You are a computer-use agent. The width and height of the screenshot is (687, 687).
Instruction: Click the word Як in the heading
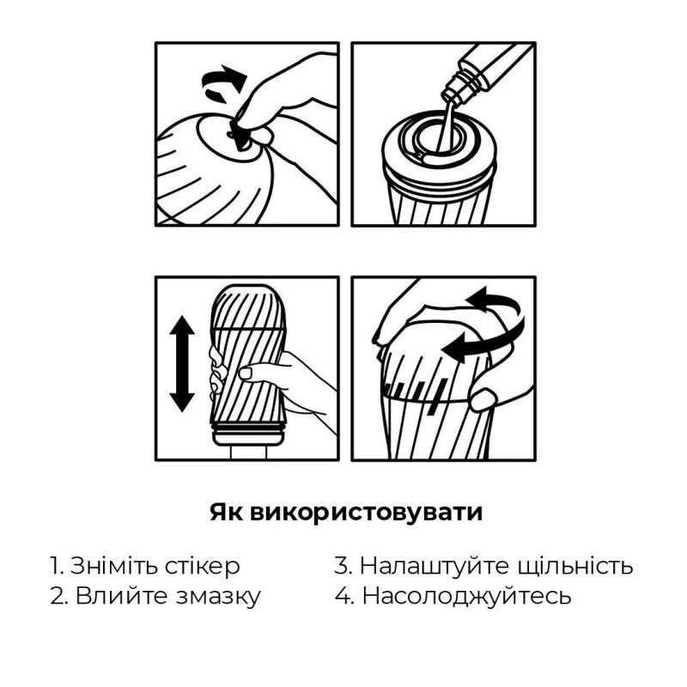[227, 513]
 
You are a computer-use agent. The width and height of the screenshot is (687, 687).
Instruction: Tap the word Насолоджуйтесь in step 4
[466, 596]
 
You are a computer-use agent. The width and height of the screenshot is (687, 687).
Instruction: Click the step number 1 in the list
[54, 566]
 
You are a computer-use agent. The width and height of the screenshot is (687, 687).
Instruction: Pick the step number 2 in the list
[56, 596]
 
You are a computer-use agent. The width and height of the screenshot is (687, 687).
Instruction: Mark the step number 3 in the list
[342, 566]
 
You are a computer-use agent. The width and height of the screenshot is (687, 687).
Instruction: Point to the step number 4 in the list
[343, 596]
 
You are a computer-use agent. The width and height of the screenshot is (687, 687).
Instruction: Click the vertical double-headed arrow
[181, 362]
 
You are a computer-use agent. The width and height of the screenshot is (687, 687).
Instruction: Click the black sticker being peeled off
[240, 137]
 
